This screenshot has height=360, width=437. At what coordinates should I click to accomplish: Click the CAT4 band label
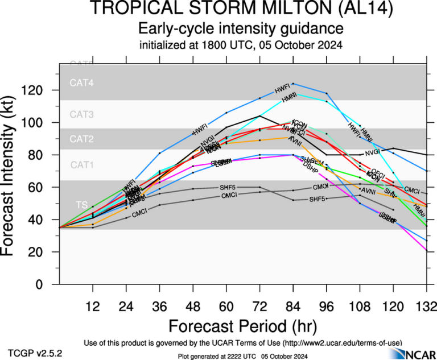click(81, 83)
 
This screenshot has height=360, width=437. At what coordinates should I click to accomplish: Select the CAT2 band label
click(81, 139)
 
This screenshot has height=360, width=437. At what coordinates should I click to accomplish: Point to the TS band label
click(82, 205)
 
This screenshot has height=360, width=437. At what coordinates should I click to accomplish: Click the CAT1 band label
click(81, 165)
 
